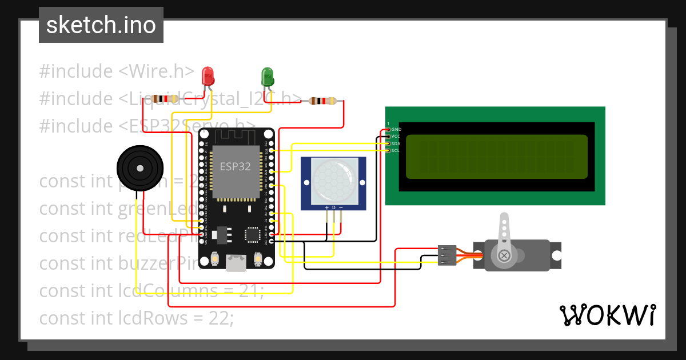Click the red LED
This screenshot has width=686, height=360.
(x=208, y=75)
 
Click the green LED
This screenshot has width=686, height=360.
(x=267, y=75)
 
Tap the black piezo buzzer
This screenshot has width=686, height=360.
(x=138, y=167)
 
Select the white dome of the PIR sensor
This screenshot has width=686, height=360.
(x=334, y=178)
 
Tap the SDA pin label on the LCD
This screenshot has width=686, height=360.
(x=396, y=143)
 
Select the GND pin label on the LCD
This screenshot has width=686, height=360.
(x=396, y=130)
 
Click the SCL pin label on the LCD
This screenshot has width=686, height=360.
(x=396, y=150)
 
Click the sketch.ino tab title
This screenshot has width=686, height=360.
(x=101, y=25)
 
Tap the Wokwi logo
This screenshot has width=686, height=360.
(x=607, y=315)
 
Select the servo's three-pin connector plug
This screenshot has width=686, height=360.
(x=447, y=255)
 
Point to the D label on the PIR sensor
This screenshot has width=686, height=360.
(x=334, y=207)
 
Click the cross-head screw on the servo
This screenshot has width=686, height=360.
(x=504, y=255)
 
